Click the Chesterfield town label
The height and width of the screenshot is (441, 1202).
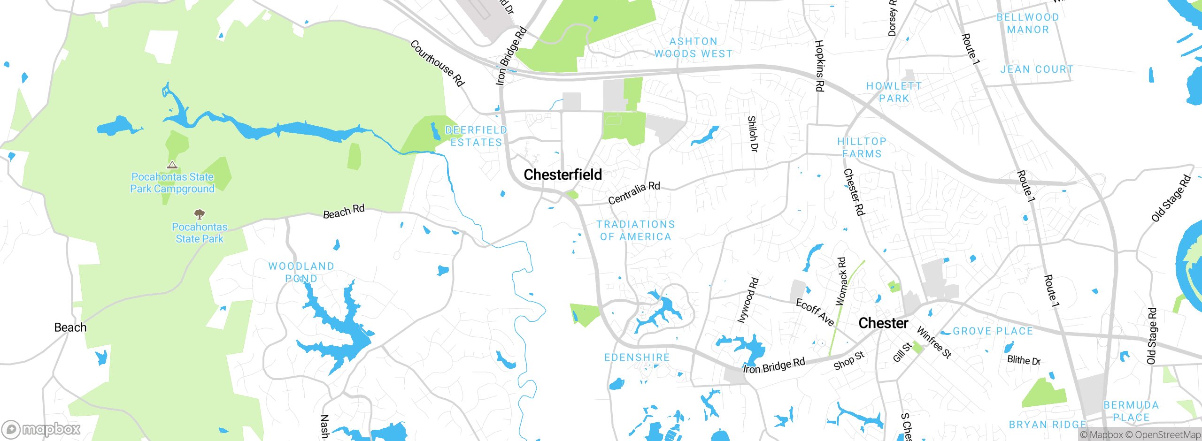coord(562,175)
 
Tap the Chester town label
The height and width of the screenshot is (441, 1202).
coord(883,323)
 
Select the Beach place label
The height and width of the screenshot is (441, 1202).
coord(70,327)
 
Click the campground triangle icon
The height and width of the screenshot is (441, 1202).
coord(172,165)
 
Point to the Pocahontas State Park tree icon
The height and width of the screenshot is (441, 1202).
coord(200,214)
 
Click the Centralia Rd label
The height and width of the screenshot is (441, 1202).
coord(634,193)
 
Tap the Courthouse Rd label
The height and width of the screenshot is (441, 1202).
coord(437,63)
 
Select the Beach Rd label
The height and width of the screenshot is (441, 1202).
coord(344,212)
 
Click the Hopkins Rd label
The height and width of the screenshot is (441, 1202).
coord(819,66)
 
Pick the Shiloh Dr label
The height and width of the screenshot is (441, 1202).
coord(753,134)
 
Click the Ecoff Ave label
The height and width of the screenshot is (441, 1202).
coord(815,312)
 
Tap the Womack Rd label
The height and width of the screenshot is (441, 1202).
coord(841,281)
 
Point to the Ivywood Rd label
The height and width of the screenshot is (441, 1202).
coord(748,300)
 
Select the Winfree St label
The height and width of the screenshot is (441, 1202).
coord(934,342)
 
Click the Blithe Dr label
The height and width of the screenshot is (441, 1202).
coord(1024,360)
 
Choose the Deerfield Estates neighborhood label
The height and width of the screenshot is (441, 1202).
coord(476,136)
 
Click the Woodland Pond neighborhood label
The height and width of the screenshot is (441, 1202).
coord(301,272)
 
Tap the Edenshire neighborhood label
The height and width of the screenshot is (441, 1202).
coord(637,357)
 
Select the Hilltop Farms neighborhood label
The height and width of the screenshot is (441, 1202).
coord(862,147)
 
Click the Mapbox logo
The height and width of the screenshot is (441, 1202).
coord(41,429)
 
